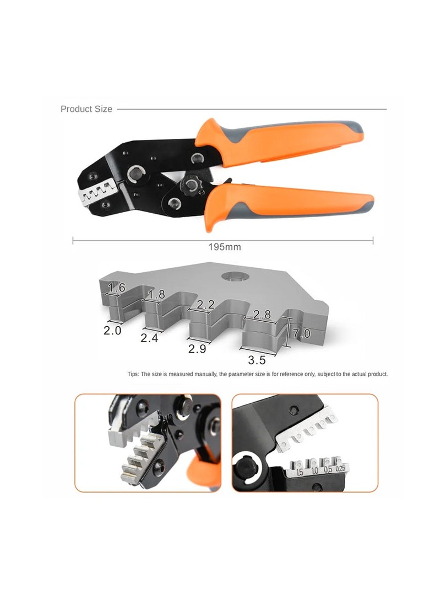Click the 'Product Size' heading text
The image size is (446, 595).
click(86, 109)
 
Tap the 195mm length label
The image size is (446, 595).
click(225, 247)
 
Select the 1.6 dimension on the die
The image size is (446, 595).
click(116, 288)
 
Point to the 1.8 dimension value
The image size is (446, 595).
click(156, 294)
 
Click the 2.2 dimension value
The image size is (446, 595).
click(205, 304)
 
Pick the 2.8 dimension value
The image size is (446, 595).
click(262, 315)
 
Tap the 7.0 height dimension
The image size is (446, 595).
click(302, 333)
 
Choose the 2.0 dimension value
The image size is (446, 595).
click(112, 331)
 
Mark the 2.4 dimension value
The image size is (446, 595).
click(149, 338)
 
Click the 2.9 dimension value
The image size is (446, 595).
click(197, 349)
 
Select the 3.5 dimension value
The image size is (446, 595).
click(257, 360)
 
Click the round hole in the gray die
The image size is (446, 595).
click(236, 277)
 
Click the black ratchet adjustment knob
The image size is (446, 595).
click(191, 185)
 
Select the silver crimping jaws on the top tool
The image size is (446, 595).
click(97, 192)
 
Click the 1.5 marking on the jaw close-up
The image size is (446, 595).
click(300, 473)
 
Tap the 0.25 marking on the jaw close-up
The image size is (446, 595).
click(341, 468)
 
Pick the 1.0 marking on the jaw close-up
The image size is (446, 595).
click(315, 471)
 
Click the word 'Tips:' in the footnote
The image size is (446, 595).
click(133, 374)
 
